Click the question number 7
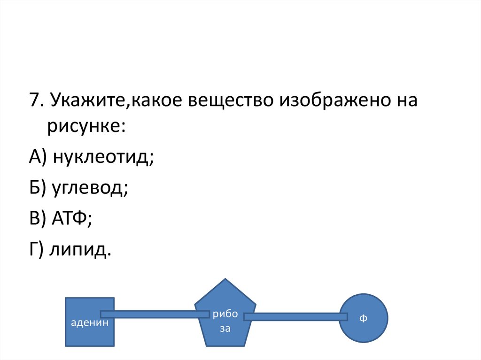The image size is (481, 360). [34, 101]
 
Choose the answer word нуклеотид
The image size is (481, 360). [103, 157]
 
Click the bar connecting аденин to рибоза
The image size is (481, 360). [155, 314]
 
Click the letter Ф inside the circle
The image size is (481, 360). [363, 319]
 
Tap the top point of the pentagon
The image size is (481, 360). [225, 280]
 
